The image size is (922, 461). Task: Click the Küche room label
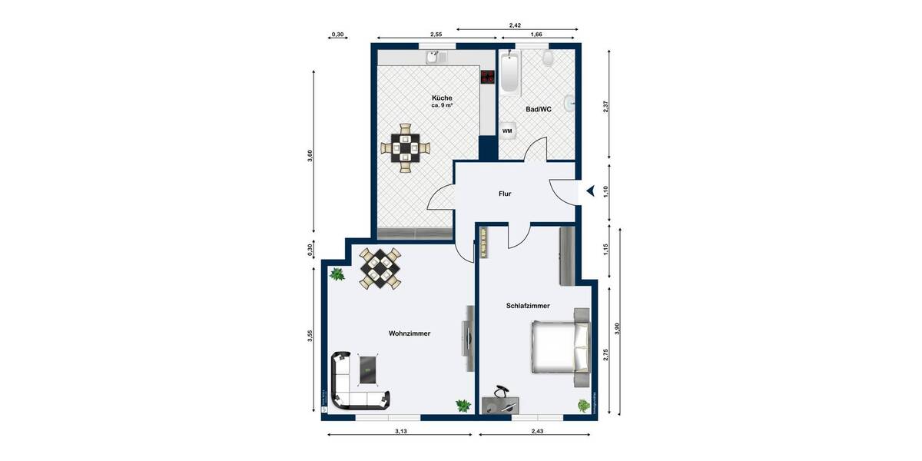[442, 98]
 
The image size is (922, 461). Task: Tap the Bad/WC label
[538, 110]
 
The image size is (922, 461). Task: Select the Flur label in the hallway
[504, 194]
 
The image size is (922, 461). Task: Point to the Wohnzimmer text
[409, 334]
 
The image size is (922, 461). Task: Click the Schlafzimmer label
[528, 306]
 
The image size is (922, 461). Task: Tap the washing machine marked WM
[507, 131]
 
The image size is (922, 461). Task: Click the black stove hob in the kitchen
[487, 76]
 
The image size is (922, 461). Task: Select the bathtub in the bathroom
[510, 73]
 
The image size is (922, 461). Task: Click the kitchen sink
[433, 58]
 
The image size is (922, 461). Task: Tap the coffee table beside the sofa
[369, 370]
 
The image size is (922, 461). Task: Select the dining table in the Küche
[405, 146]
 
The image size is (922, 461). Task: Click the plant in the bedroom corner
[584, 404]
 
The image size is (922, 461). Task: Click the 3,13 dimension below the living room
[400, 432]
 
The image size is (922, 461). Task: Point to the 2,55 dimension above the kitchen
[436, 35]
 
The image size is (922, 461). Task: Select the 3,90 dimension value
[617, 330]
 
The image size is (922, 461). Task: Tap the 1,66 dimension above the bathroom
[536, 35]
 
